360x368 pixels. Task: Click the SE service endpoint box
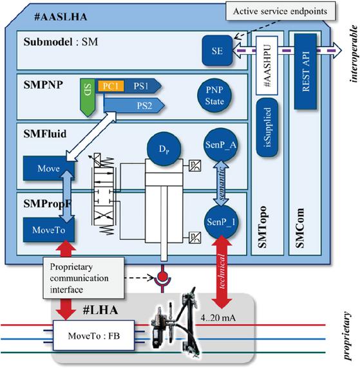(x=217, y=51)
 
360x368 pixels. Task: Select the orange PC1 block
(x=111, y=86)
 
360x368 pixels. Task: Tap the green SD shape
(x=88, y=97)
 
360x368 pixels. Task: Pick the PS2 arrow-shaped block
(x=134, y=106)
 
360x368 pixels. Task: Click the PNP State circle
(x=214, y=95)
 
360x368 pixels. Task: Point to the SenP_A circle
(x=220, y=145)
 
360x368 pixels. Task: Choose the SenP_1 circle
(x=221, y=222)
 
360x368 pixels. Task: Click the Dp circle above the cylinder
(x=164, y=149)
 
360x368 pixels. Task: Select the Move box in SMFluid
(x=49, y=169)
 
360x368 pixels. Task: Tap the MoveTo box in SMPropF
(x=49, y=230)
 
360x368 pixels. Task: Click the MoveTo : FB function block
(x=94, y=336)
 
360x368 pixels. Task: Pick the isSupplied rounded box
(x=267, y=127)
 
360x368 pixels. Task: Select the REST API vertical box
(x=305, y=71)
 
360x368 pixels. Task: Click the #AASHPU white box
(x=267, y=65)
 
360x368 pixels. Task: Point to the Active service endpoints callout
(x=281, y=11)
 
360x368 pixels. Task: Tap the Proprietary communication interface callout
(x=84, y=278)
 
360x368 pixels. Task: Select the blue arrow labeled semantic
(x=221, y=183)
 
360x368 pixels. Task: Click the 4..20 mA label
(x=218, y=318)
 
